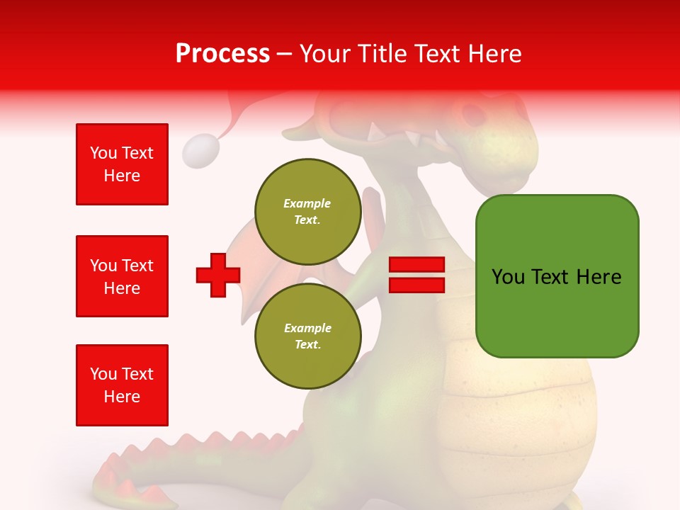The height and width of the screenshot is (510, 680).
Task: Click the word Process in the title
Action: pos(222,53)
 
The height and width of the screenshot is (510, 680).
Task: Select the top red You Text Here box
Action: pos(122,164)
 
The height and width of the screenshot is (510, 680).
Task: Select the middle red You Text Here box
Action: pos(122,276)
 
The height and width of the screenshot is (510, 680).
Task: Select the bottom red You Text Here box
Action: pos(122,385)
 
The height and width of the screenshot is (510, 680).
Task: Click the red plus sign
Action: pos(218,274)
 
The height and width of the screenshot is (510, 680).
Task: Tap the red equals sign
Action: pos(416,275)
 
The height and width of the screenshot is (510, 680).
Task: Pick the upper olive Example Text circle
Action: pos(307,211)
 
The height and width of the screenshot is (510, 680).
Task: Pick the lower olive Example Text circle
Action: pos(307,336)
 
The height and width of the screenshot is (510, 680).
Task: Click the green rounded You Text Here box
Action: pos(557,276)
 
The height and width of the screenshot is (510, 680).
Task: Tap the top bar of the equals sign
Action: pos(416,265)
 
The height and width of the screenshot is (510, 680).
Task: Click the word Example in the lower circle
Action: pos(307,328)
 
